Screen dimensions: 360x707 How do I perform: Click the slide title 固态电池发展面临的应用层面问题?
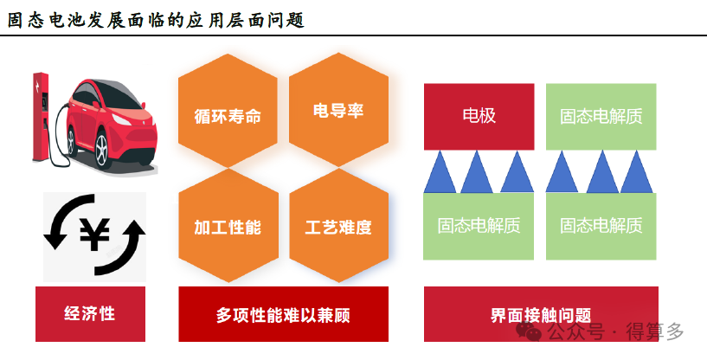(x=156, y=19)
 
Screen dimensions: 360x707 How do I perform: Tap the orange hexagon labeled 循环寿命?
(x=228, y=117)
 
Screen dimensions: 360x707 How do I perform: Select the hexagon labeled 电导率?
(x=338, y=112)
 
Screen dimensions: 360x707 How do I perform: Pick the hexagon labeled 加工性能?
(x=228, y=227)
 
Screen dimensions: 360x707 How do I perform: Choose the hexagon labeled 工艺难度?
(x=338, y=227)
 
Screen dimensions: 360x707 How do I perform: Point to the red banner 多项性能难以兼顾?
(x=283, y=314)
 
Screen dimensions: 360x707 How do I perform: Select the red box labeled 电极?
(x=479, y=116)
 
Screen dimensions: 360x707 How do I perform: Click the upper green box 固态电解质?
(x=601, y=116)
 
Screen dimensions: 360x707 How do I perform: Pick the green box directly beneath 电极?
(x=479, y=226)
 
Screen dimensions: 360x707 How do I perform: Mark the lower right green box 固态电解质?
(x=601, y=226)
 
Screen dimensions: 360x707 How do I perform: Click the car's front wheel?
(x=103, y=151)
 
